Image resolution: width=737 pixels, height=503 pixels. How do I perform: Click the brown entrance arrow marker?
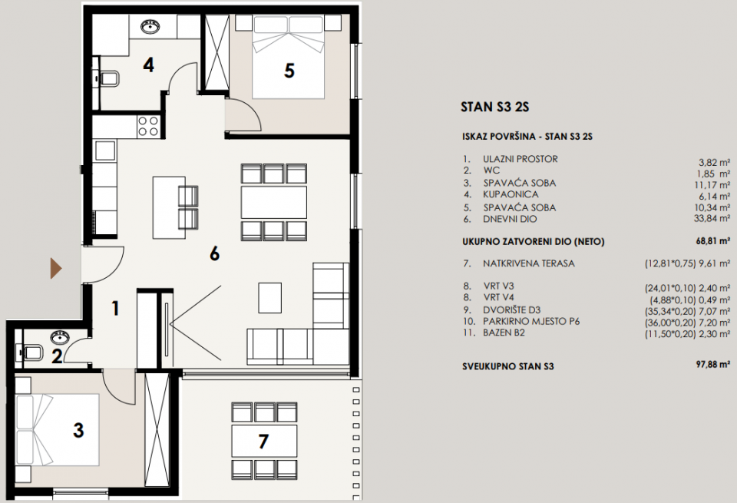(x=55, y=268)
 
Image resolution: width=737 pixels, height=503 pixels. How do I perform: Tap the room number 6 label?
(x=215, y=253)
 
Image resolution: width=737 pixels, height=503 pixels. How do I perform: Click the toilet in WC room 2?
(x=31, y=352)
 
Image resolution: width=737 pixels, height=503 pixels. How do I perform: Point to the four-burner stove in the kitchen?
(x=148, y=125)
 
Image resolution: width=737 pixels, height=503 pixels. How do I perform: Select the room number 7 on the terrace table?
(x=264, y=442)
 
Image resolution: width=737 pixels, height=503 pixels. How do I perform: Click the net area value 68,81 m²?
(x=712, y=241)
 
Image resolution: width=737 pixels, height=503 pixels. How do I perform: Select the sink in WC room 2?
(x=58, y=338)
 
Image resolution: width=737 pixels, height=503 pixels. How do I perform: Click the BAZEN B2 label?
(x=506, y=333)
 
